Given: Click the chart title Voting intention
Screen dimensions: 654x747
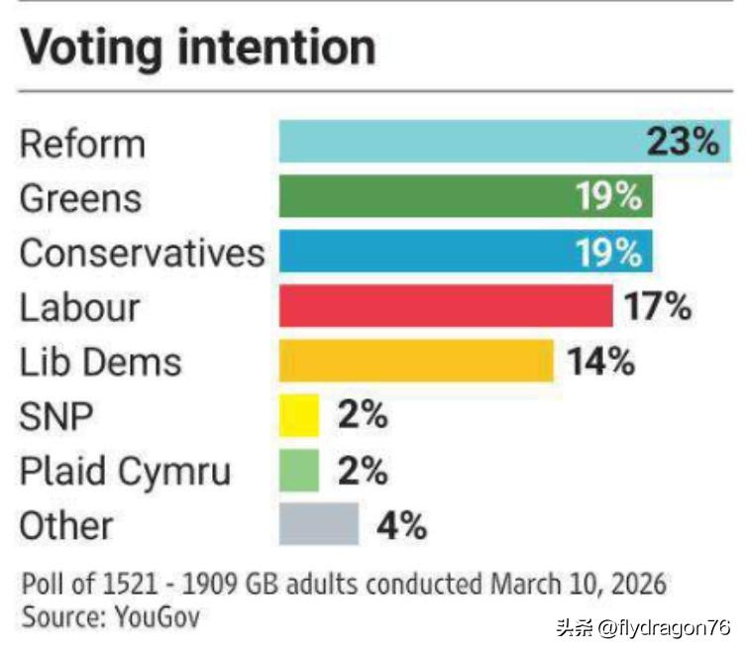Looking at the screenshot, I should pos(198,48).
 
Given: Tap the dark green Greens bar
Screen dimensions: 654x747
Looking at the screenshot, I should pos(426,196).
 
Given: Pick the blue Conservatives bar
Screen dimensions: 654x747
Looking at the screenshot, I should pos(426,252).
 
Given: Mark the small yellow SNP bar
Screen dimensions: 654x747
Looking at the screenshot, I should pos(299,415).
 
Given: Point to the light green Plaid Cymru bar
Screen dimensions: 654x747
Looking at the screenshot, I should pos(299,470).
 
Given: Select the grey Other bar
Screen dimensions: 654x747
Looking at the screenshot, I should pos(318,524).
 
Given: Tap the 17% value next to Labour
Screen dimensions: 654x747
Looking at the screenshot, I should pos(657,306).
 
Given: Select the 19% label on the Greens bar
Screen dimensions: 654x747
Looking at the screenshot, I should pos(609,196).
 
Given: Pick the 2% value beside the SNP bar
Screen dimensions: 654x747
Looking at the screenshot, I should pos(362,415).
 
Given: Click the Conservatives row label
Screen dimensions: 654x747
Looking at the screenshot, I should pos(143,253).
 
